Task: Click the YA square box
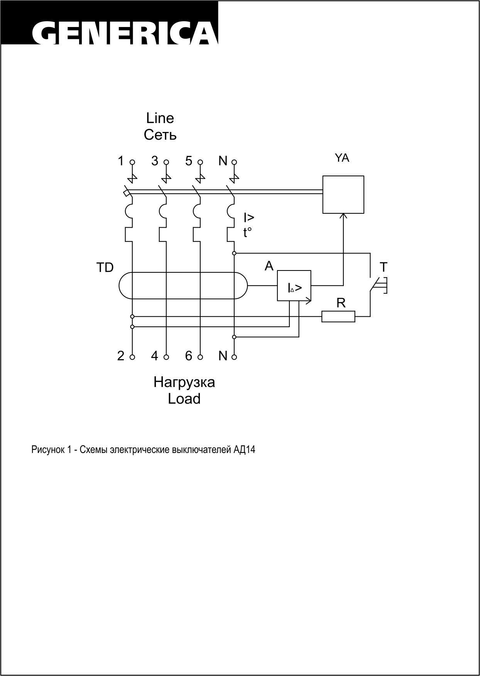tap(343, 194)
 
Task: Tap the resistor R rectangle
tap(338, 316)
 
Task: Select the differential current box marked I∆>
tap(294, 286)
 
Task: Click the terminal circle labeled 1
tap(132, 162)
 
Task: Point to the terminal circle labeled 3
tap(166, 162)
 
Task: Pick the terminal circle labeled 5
tap(200, 162)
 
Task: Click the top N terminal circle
tap(234, 162)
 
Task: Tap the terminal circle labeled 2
tap(132, 357)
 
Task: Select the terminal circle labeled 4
tap(166, 357)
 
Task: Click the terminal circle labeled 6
tap(200, 357)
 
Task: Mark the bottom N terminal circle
tap(234, 357)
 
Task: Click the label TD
tap(105, 268)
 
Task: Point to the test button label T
tap(384, 267)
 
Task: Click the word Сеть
tap(160, 135)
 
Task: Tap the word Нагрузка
tap(184, 382)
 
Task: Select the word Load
tap(184, 399)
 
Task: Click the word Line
tap(160, 118)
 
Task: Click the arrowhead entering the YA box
tap(343, 216)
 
